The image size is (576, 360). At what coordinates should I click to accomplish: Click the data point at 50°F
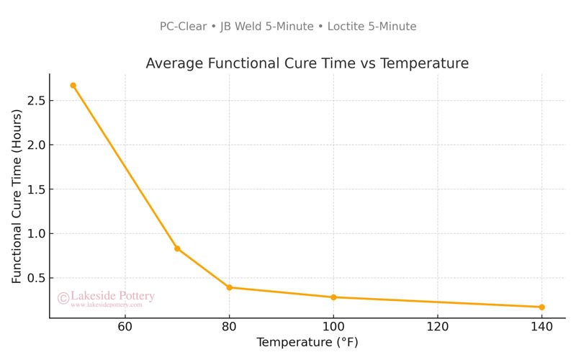73,85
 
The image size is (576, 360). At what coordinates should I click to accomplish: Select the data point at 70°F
177,248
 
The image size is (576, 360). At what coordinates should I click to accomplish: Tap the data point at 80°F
229,287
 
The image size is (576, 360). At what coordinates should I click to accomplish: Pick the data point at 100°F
333,297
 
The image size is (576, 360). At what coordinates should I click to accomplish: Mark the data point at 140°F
541,307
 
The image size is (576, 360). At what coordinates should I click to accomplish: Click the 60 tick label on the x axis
125,327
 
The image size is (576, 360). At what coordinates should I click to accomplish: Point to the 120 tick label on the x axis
437,327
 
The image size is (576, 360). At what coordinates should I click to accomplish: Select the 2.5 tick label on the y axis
36,101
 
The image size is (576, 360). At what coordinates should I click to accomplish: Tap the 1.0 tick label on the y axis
36,234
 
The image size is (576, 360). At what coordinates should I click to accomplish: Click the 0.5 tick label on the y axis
36,278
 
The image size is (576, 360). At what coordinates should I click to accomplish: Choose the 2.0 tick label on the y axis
36,145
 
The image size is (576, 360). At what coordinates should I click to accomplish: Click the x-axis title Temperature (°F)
307,343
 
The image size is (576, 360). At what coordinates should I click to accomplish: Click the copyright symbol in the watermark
63,297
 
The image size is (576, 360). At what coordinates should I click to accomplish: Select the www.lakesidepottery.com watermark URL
106,305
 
